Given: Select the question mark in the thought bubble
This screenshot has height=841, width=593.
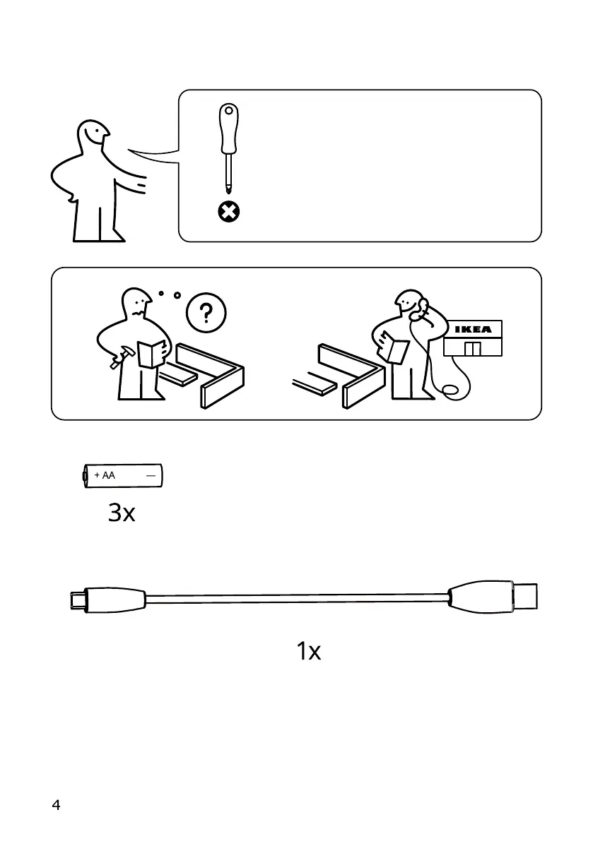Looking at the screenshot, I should (x=206, y=313).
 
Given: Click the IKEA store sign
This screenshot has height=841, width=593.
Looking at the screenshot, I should (x=472, y=330).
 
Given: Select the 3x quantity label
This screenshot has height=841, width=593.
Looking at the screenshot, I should (x=122, y=513).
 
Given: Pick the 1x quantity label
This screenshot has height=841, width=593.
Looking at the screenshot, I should (x=308, y=652).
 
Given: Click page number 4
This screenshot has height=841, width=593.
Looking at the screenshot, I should (x=56, y=806).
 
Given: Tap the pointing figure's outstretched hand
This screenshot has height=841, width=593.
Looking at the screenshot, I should (x=141, y=186).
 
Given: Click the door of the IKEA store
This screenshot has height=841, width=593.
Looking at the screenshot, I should (x=472, y=347).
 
